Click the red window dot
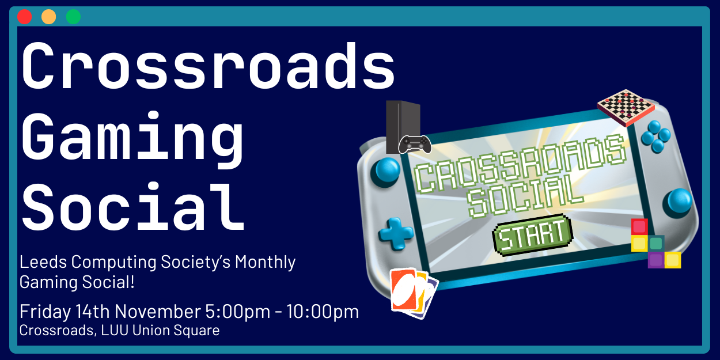[24, 17]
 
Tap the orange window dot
[49, 17]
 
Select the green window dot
[73, 17]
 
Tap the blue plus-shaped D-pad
[396, 234]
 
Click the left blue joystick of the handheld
[386, 170]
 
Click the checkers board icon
[626, 107]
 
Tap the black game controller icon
[415, 144]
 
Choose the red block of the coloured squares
[639, 227]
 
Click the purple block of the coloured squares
[655, 260]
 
